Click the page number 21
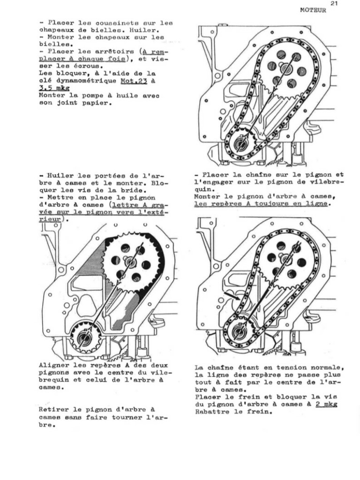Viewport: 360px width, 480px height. click(334, 3)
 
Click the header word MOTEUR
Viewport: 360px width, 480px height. click(313, 10)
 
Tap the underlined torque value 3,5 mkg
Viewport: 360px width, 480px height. click(54, 88)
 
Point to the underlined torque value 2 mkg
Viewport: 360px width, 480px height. click(327, 405)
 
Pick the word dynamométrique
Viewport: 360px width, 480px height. click(82, 81)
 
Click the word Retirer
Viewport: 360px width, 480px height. click(54, 410)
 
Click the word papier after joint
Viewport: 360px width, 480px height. click(97, 103)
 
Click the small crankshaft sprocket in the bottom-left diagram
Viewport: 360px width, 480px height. click(85, 337)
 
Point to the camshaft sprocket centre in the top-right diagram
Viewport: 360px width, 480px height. click(286, 70)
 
